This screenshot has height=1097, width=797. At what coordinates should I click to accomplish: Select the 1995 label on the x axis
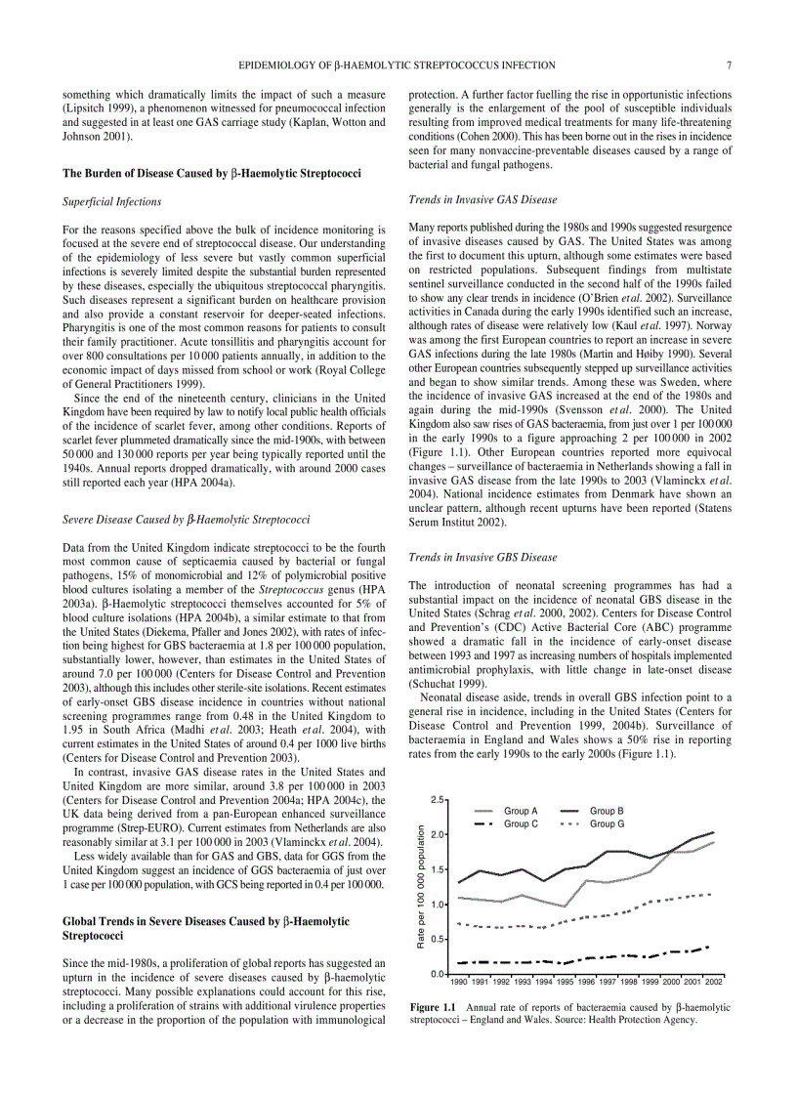[566, 981]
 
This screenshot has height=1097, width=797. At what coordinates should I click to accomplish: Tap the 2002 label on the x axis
[714, 981]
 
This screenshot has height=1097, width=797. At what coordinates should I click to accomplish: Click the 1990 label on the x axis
[459, 981]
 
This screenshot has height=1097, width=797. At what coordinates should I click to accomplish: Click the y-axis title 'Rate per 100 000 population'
[421, 887]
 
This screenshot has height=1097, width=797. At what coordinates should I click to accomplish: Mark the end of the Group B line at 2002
[714, 832]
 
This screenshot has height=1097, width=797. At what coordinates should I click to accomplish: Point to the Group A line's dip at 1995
[566, 907]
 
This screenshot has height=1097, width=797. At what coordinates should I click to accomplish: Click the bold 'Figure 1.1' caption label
[433, 1006]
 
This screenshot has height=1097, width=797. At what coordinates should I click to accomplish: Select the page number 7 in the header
[729, 65]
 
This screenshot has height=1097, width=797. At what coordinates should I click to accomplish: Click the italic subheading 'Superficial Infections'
[111, 202]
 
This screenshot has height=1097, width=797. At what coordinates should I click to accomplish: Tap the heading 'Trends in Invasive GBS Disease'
[482, 557]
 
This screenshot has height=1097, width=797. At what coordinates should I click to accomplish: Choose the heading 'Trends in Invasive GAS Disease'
[482, 200]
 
